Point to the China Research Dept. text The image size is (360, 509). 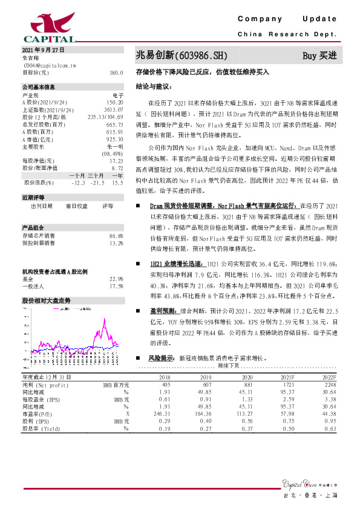(x=287, y=35)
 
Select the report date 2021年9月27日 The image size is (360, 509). (x=43, y=50)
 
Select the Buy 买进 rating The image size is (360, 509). (x=319, y=56)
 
